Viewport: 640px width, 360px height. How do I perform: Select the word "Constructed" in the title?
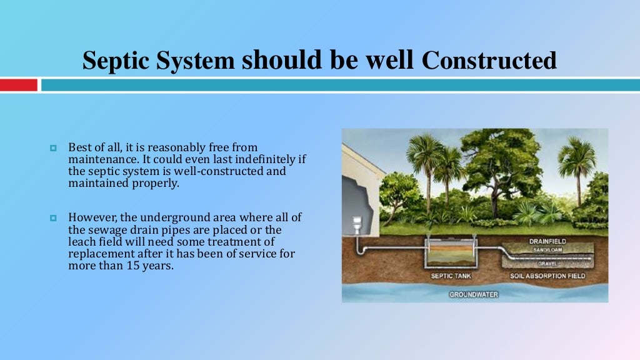489,61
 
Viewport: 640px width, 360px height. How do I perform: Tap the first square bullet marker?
53,149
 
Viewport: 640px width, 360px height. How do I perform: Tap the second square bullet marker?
53,218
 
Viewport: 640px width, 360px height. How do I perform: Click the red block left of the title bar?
19,85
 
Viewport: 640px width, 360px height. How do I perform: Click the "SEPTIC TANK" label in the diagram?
450,276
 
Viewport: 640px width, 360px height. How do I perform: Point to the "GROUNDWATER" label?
474,294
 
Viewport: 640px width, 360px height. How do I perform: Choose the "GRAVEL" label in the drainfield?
547,263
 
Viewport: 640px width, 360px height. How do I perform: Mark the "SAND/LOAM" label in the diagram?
548,249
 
